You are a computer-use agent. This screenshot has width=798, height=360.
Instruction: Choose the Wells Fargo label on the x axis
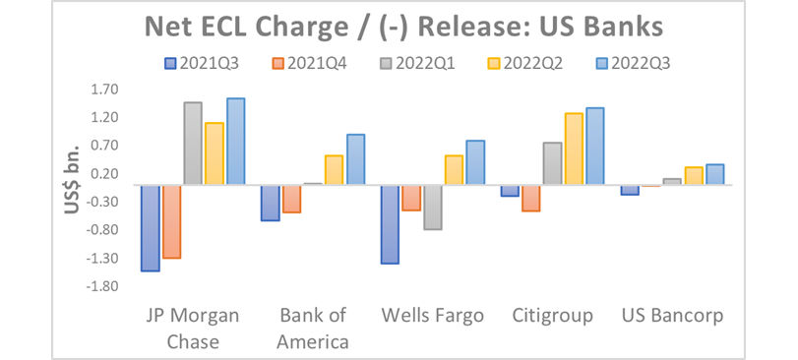(x=432, y=317)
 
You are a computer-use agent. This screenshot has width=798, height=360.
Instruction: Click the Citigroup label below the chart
(x=552, y=317)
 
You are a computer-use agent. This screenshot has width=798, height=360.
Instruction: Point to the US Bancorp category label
(x=673, y=317)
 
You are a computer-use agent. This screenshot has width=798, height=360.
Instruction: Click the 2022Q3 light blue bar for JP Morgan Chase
(x=236, y=142)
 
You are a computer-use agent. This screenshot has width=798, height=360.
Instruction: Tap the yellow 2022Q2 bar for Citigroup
(x=574, y=149)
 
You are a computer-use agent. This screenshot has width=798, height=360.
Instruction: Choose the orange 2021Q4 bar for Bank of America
(x=291, y=199)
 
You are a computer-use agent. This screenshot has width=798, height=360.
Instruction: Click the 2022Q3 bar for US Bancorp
(x=714, y=174)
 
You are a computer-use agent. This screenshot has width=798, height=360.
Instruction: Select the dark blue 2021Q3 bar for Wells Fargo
(x=391, y=224)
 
